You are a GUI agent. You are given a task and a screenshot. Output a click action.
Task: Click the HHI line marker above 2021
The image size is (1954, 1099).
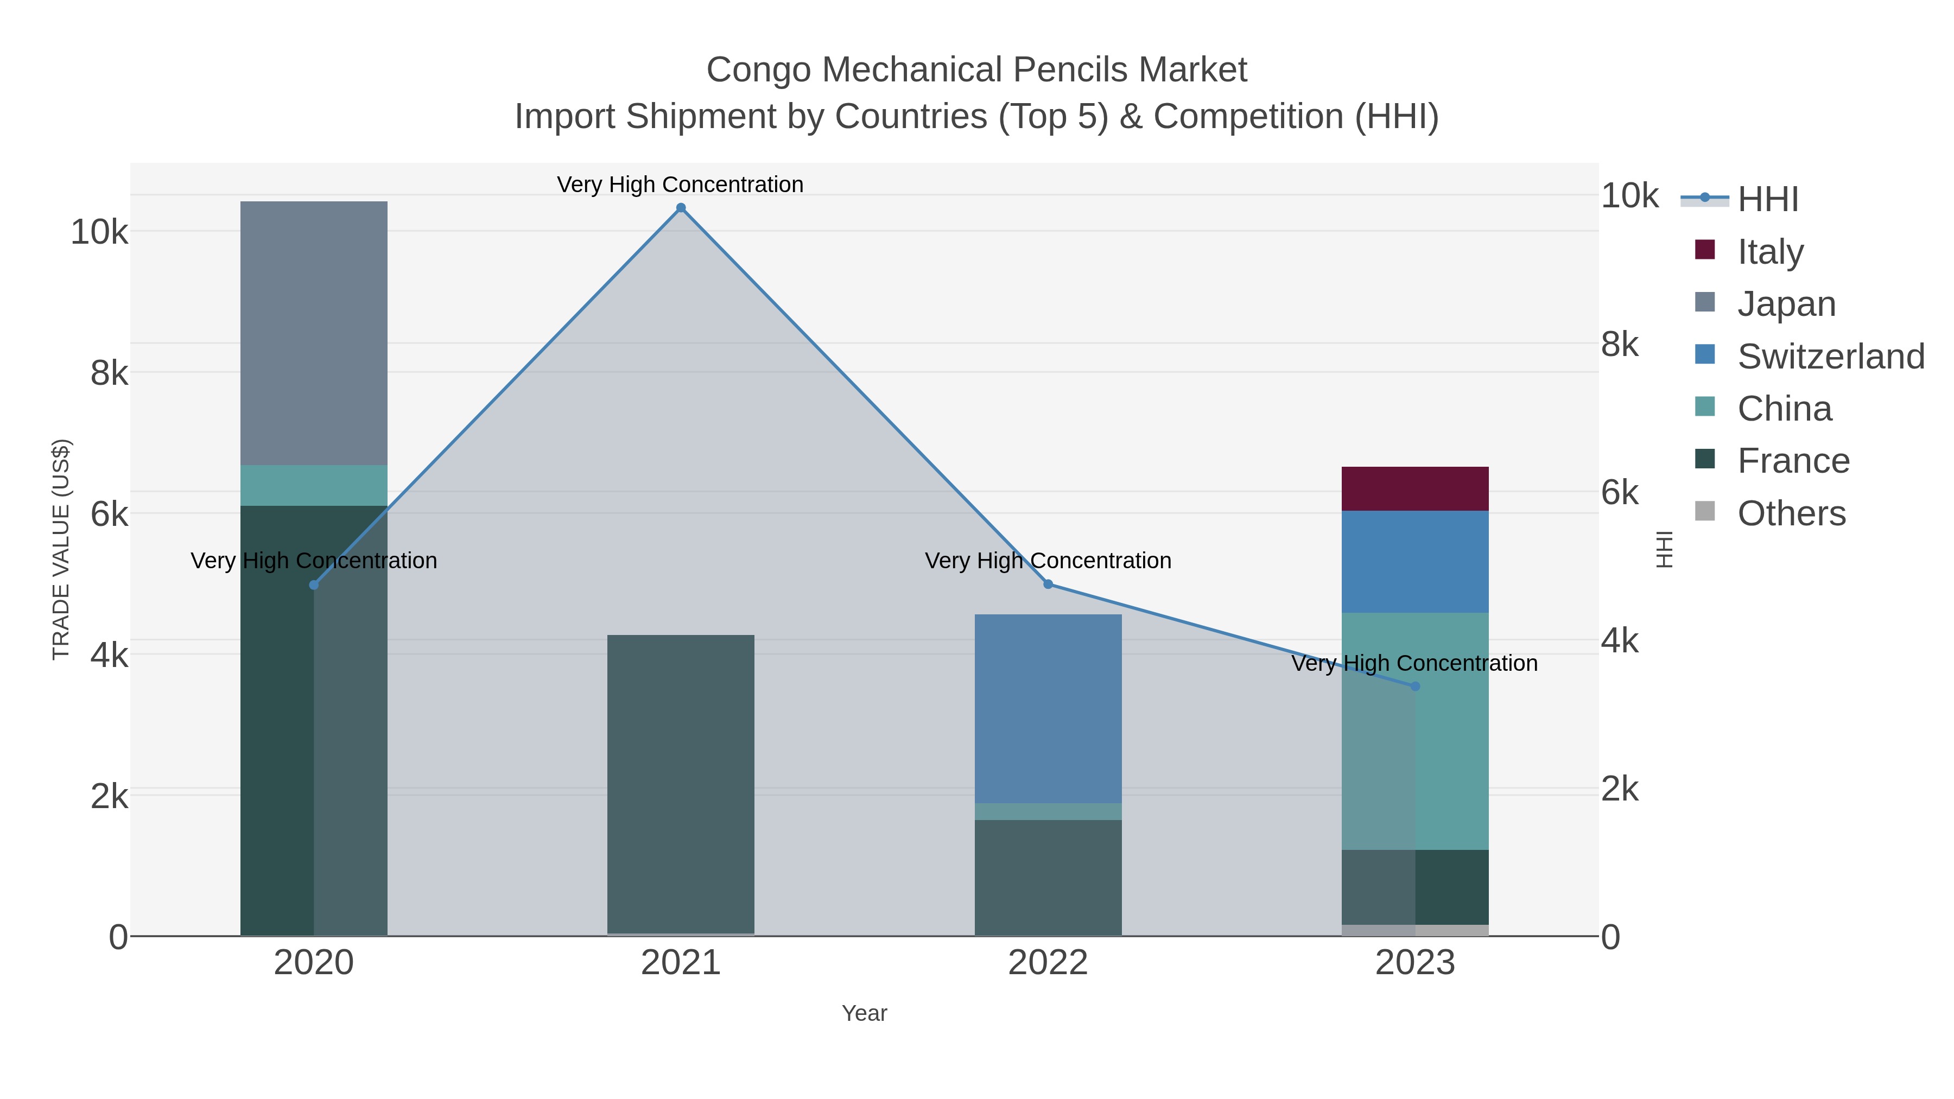coord(681,208)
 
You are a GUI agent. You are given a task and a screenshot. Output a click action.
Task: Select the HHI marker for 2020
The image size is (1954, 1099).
coord(314,585)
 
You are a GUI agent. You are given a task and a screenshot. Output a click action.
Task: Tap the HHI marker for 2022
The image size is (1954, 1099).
coord(1048,584)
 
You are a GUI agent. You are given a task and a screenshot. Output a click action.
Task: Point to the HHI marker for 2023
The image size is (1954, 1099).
coord(1414,687)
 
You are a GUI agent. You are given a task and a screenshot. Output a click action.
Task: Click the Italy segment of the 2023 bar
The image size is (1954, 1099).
coord(1414,488)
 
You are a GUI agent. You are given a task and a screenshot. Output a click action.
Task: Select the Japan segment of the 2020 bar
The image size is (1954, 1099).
coord(314,334)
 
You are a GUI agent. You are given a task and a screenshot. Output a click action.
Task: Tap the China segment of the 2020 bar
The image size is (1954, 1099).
coord(314,485)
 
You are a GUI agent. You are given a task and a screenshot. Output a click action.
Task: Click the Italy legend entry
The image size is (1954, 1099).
coord(1769,251)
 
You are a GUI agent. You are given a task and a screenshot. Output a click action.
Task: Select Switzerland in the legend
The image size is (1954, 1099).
coord(1830,355)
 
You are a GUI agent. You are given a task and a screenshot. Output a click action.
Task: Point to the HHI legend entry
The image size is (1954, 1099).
coord(1767,199)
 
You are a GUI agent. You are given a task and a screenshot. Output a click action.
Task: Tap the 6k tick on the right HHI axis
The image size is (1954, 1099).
coord(1620,493)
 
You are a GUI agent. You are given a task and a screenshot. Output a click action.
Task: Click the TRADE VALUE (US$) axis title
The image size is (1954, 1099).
coord(61,549)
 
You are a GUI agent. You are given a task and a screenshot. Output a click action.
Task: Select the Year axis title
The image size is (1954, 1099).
coord(864,1013)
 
